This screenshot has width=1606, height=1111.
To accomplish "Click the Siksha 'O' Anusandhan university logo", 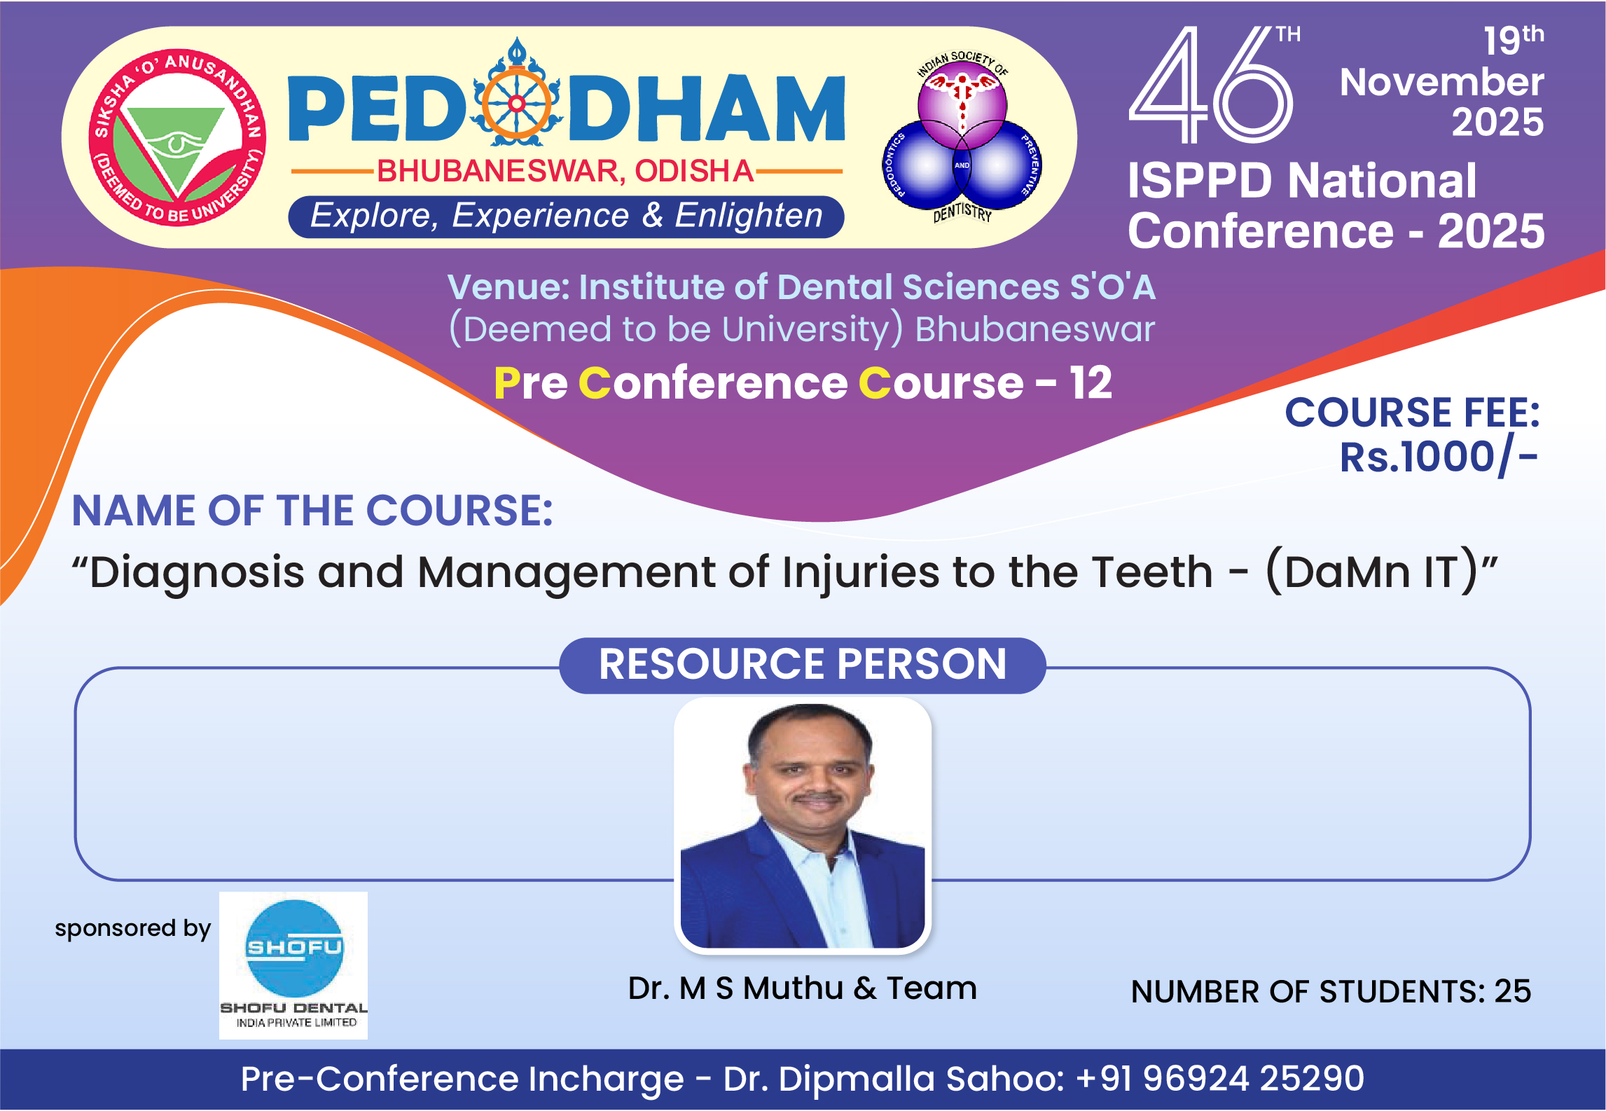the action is click(x=177, y=138).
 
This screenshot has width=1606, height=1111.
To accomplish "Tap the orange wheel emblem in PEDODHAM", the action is click(x=517, y=104).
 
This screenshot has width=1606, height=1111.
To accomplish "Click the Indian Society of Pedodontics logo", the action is click(x=962, y=137).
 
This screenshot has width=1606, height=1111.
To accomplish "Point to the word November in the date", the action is click(x=1441, y=83).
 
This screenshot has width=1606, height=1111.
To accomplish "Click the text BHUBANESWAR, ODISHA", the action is click(x=565, y=171).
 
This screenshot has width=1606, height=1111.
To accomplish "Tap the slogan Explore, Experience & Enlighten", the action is click(x=566, y=216).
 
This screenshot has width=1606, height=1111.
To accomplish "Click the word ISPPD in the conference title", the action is click(x=1199, y=181).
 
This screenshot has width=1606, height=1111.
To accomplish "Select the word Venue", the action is click(x=508, y=287).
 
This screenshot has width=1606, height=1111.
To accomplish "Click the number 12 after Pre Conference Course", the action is click(x=1091, y=383).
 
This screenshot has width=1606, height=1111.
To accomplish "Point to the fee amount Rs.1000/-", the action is click(x=1439, y=458).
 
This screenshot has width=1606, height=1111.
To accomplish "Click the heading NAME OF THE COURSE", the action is click(x=312, y=510).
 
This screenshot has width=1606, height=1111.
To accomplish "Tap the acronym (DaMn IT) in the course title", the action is click(x=1381, y=572).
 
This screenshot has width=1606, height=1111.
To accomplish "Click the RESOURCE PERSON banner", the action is click(x=803, y=665).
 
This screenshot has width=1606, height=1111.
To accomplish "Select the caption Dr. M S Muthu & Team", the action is click(x=802, y=988).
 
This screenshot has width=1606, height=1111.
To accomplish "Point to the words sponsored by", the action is click(x=133, y=929).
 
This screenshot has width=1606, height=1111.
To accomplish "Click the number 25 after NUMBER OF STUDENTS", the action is click(x=1513, y=992).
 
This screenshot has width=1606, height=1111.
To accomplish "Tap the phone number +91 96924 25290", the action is click(x=1220, y=1079).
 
